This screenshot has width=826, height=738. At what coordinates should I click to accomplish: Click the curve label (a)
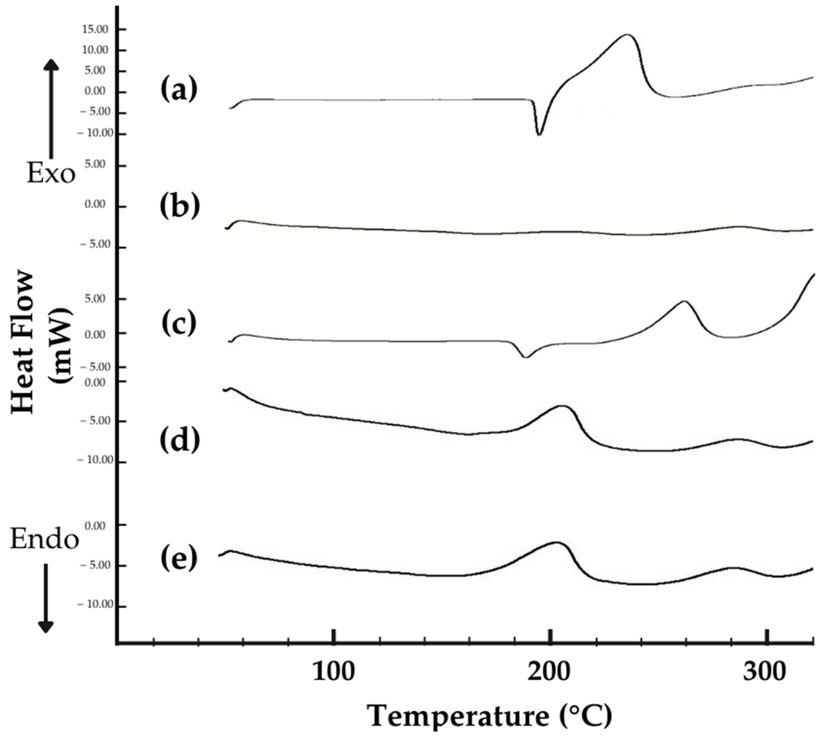[179, 90]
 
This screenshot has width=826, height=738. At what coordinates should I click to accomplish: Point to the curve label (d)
[180, 440]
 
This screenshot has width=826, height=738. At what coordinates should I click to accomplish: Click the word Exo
[51, 174]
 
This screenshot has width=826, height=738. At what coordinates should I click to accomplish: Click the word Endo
[44, 540]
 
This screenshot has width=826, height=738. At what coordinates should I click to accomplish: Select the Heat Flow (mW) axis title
[41, 343]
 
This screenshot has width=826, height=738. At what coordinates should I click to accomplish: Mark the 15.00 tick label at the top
[95, 30]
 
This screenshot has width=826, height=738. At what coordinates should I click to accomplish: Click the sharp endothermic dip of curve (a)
[539, 134]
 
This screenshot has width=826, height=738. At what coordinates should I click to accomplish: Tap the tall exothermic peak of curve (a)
[627, 35]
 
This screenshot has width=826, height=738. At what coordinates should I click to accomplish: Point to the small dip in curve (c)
[525, 357]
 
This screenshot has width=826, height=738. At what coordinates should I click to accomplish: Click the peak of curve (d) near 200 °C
[562, 406]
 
